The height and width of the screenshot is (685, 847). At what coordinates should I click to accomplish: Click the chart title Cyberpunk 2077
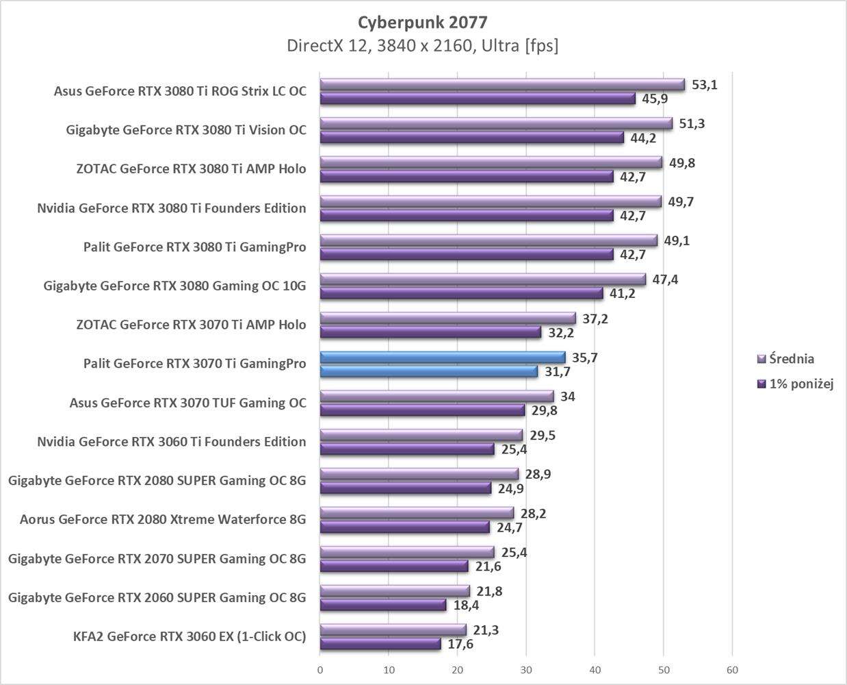423,23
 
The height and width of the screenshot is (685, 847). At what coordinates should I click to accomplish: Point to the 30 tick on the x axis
526,669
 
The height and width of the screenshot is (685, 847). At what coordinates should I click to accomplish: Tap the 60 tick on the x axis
732,669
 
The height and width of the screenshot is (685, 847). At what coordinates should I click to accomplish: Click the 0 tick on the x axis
320,669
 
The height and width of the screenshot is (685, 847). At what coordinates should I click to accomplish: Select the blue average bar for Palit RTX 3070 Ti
443,358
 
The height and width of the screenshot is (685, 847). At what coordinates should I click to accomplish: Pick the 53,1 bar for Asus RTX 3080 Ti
502,85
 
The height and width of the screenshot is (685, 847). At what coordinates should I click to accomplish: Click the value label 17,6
460,644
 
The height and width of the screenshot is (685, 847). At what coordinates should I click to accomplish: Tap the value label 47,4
665,279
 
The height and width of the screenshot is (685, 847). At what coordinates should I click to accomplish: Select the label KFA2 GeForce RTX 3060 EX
190,636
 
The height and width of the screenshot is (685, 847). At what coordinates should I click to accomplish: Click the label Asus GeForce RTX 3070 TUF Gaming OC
188,403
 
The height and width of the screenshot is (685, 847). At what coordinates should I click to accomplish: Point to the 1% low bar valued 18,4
383,606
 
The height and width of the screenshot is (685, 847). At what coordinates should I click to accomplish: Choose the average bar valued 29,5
421,436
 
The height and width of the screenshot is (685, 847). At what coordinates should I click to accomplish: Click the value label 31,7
557,372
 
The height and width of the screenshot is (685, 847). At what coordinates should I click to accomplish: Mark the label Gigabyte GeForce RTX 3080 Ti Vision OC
186,130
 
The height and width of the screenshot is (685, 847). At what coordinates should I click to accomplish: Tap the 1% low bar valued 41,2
462,294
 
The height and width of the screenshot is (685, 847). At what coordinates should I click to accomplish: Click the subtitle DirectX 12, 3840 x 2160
423,46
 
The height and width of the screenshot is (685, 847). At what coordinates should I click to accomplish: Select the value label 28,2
533,514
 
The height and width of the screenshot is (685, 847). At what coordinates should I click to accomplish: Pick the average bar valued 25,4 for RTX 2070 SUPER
407,553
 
